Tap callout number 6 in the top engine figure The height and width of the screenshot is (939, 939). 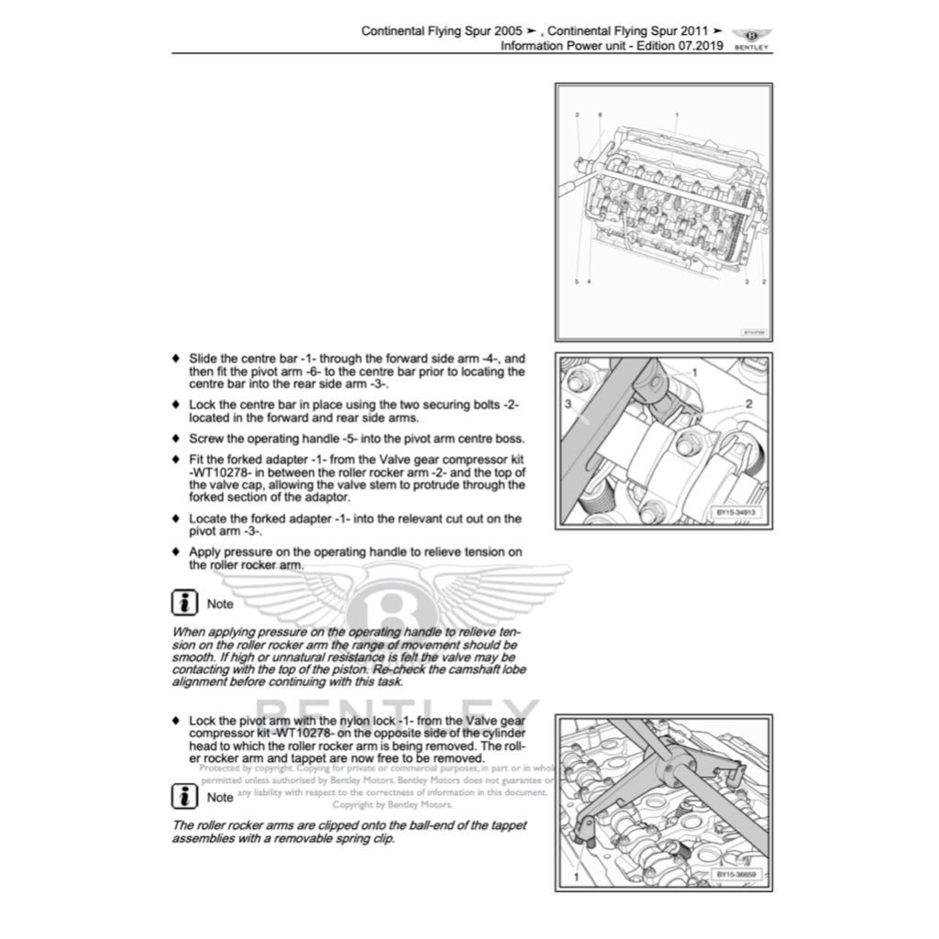[x=600, y=115]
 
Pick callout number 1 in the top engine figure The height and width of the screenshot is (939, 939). [x=676, y=115]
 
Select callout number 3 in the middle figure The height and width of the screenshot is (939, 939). [x=569, y=403]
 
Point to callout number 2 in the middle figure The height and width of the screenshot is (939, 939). [x=749, y=403]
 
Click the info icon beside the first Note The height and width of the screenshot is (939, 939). [x=186, y=602]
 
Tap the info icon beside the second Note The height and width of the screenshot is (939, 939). [x=186, y=796]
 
